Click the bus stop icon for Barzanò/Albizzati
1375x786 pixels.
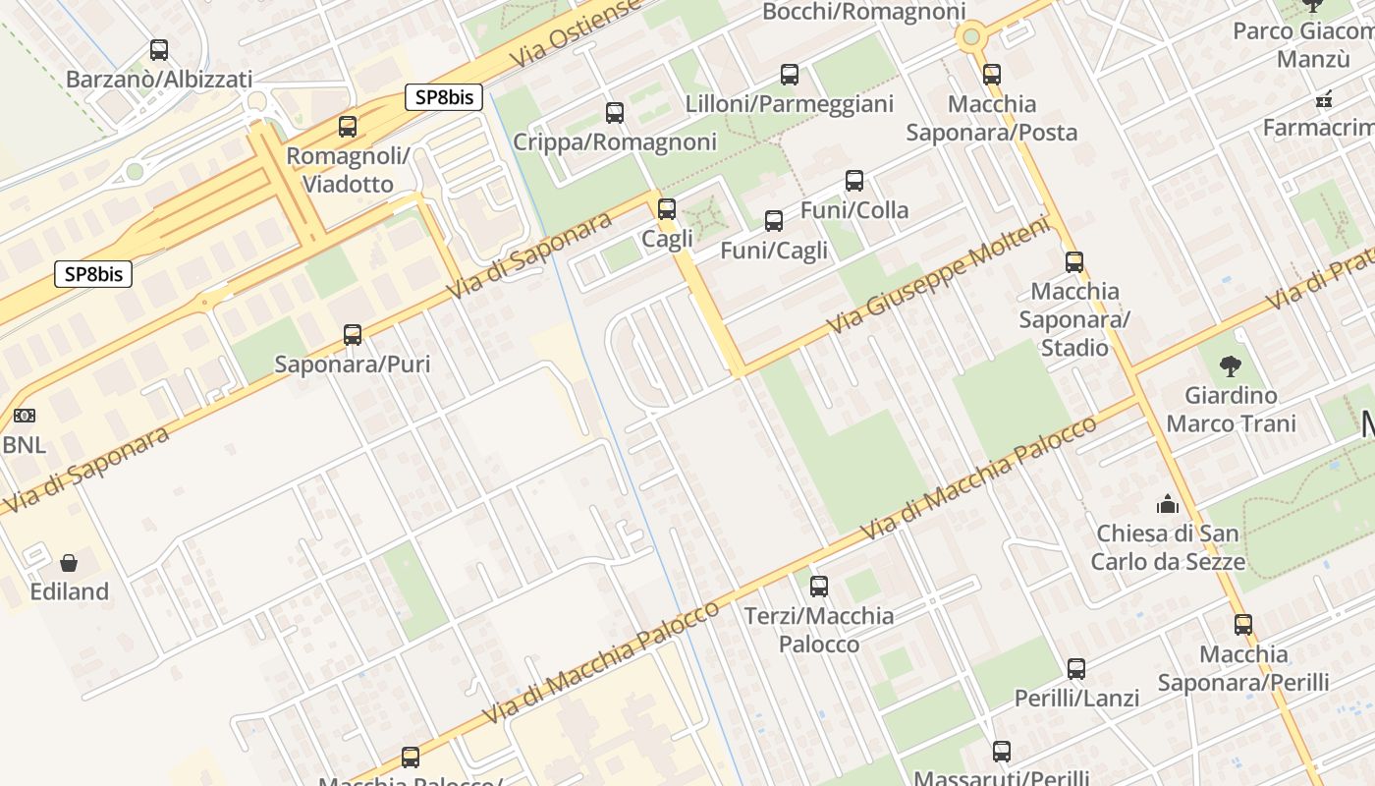pos(158,49)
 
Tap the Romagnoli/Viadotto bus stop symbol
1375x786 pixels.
pos(348,126)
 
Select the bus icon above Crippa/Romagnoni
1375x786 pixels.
pos(615,113)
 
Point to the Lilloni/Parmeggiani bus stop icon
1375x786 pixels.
pos(790,75)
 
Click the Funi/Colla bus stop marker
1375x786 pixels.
pos(854,181)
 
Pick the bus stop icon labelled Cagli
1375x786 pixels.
pos(667,209)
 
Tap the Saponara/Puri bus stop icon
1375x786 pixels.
pos(353,335)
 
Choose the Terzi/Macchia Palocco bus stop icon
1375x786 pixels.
pos(819,587)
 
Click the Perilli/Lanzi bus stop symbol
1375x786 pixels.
pos(1076,669)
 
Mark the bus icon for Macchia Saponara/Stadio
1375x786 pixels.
pos(1074,262)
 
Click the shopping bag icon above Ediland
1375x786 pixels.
pos(69,563)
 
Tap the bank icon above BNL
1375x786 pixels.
pos(25,416)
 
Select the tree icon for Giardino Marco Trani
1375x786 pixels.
pos(1230,367)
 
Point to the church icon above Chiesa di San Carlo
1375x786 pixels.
pos(1168,504)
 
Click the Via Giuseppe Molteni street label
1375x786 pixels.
pos(938,274)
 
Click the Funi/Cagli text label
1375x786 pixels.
pos(774,251)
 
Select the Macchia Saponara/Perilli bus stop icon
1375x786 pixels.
pos(1243,625)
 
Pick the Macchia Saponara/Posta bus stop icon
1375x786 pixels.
pos(992,75)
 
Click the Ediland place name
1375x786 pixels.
pos(69,591)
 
